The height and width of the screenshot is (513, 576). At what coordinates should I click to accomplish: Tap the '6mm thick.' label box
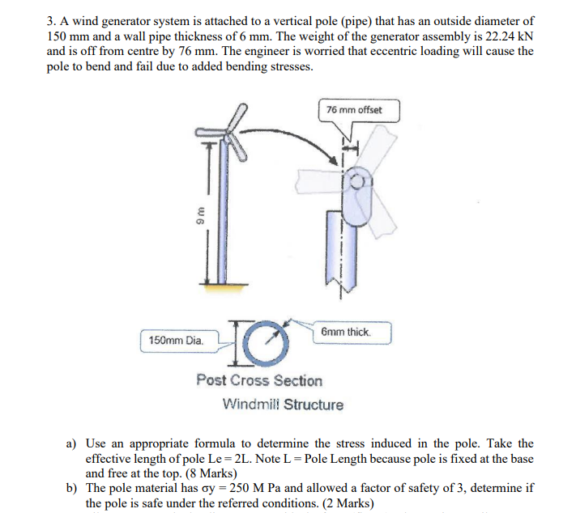[x=347, y=333]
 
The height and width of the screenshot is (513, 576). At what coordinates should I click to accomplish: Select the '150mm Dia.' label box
[x=176, y=341]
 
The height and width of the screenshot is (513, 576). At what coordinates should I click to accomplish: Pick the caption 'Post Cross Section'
[x=258, y=380]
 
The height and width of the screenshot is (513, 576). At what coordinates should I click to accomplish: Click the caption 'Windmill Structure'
[x=283, y=405]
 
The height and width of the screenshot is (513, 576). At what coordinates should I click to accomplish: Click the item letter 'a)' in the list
[x=71, y=443]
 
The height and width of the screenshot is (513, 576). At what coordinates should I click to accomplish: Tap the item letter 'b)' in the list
[x=71, y=489]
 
